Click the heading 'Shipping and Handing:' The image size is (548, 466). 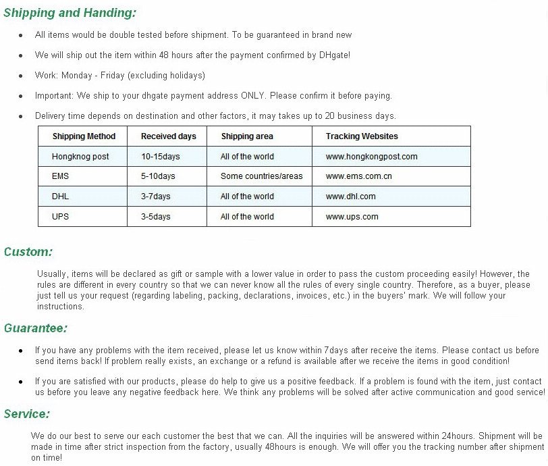click(70, 12)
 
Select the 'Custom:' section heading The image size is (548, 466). click(28, 252)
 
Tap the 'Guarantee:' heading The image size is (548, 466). click(36, 328)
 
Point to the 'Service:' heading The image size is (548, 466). click(27, 414)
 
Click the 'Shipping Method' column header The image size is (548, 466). click(84, 136)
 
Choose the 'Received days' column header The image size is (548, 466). click(168, 136)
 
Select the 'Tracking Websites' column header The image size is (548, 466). click(362, 136)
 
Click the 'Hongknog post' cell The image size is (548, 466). click(80, 157)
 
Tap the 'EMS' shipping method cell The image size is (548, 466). click(60, 176)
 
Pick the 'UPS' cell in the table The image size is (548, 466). click(60, 217)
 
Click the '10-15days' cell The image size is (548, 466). click(161, 157)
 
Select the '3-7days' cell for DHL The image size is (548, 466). click(155, 197)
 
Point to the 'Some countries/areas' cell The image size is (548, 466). click(261, 176)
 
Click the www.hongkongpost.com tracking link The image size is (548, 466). click(371, 157)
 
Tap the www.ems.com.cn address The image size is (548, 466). click(358, 176)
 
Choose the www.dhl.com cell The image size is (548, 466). click(350, 197)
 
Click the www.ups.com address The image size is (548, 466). click(352, 217)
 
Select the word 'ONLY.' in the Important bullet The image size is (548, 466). click(252, 96)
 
